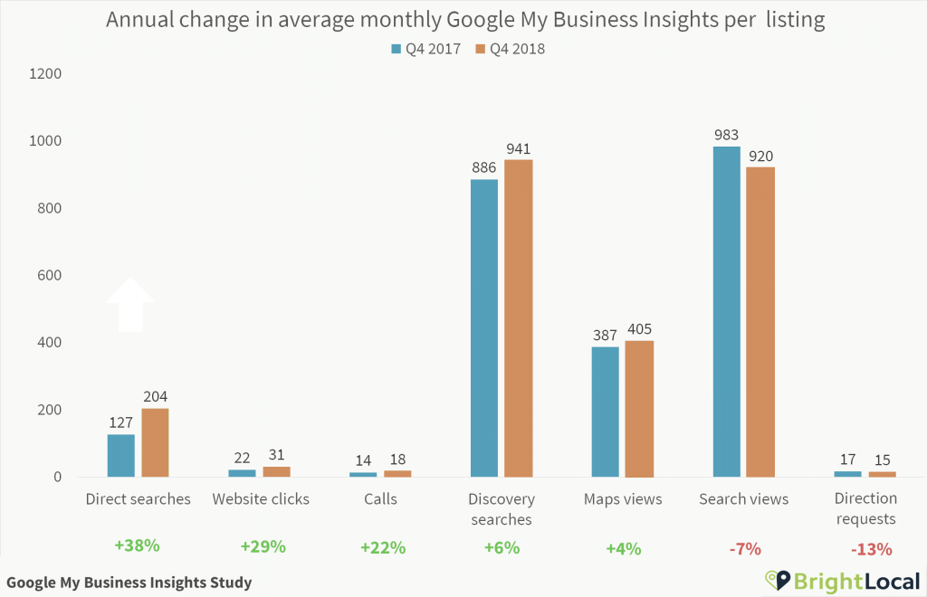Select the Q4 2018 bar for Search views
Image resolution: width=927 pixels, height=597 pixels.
point(761,322)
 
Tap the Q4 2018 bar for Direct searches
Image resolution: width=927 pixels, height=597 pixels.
point(156,442)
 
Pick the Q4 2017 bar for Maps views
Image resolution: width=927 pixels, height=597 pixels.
point(606,412)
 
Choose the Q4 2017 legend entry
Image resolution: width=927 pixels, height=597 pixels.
point(425,49)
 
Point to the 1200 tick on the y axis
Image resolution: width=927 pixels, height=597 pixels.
point(43,74)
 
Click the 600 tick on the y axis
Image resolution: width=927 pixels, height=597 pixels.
point(47,276)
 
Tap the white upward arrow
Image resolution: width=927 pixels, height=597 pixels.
point(130,304)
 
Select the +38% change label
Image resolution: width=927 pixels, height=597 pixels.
point(137,546)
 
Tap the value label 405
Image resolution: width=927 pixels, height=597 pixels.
point(639,329)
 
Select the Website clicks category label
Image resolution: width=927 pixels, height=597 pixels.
point(261,499)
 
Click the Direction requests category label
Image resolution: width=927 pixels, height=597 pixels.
point(865,508)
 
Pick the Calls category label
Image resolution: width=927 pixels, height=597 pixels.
point(380,499)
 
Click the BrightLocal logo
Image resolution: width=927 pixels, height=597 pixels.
point(842,581)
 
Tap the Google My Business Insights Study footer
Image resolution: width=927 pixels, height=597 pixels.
point(129,583)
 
